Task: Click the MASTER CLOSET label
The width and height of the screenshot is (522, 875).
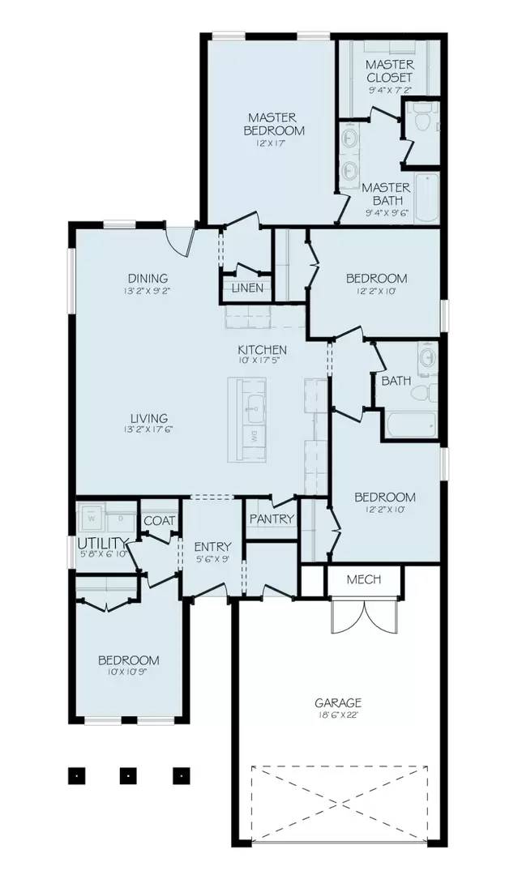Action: pyautogui.click(x=389, y=70)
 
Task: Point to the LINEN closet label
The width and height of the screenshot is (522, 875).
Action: pyautogui.click(x=247, y=288)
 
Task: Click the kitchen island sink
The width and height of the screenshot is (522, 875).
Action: pyautogui.click(x=253, y=405)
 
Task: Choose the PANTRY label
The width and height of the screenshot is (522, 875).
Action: pyautogui.click(x=272, y=519)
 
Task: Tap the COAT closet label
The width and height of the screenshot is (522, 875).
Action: pyautogui.click(x=159, y=521)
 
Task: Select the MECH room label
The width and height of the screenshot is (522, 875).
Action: pyautogui.click(x=363, y=580)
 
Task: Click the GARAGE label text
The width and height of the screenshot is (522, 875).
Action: pyautogui.click(x=338, y=703)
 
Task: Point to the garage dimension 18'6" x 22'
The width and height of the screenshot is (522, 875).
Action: pyautogui.click(x=338, y=715)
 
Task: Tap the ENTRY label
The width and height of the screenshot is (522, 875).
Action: pyautogui.click(x=213, y=547)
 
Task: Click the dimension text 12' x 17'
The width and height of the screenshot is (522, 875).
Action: pyautogui.click(x=276, y=143)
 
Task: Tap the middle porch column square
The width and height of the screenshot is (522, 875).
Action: pyautogui.click(x=127, y=775)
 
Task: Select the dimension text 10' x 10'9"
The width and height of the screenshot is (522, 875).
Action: pyautogui.click(x=128, y=672)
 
